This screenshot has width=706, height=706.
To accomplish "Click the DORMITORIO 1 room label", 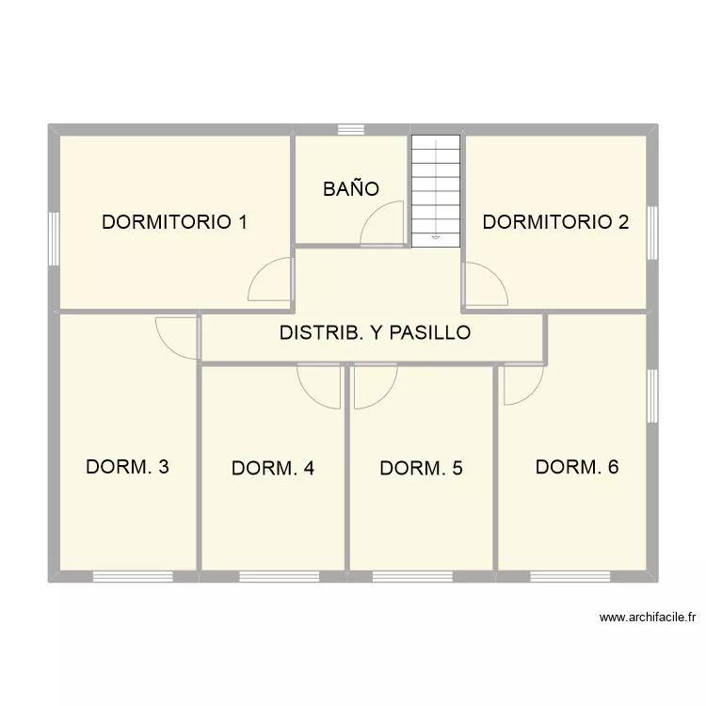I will pyautogui.click(x=175, y=222).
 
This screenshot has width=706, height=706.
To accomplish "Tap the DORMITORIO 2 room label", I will pyautogui.click(x=555, y=222).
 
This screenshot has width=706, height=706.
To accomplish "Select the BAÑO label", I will pyautogui.click(x=351, y=189).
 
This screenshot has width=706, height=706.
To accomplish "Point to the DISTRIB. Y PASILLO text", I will pyautogui.click(x=375, y=332).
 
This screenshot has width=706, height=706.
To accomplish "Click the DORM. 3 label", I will pyautogui.click(x=127, y=466).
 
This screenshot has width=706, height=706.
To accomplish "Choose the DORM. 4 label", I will pyautogui.click(x=273, y=468).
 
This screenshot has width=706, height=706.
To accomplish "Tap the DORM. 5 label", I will pyautogui.click(x=421, y=468).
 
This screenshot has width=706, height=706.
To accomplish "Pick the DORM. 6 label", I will pyautogui.click(x=576, y=466).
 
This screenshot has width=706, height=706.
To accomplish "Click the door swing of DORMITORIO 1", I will pyautogui.click(x=270, y=281).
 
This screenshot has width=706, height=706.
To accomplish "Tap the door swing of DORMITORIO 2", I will pyautogui.click(x=484, y=285).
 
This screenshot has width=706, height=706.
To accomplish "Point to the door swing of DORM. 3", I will pyautogui.click(x=177, y=336).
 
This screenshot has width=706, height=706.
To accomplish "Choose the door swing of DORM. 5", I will pyautogui.click(x=375, y=386).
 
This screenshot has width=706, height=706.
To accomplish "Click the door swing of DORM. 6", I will pyautogui.click(x=522, y=384).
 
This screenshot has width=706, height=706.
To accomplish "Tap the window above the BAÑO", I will pyautogui.click(x=351, y=130).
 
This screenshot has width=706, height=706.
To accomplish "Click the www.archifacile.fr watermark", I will pyautogui.click(x=647, y=618).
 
